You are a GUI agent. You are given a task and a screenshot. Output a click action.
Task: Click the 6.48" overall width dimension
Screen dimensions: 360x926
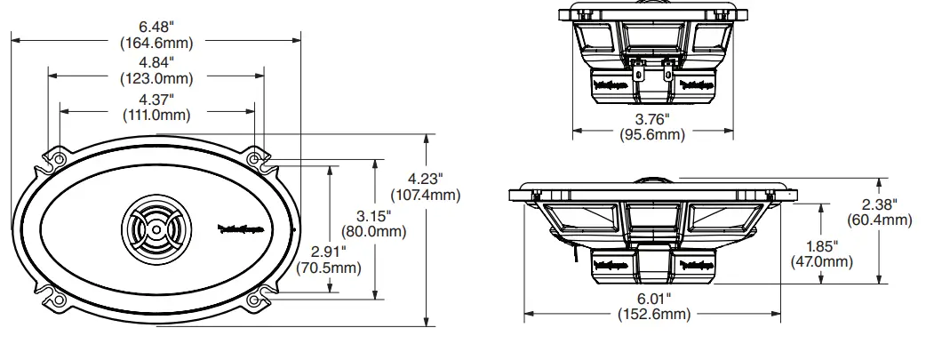[156, 26]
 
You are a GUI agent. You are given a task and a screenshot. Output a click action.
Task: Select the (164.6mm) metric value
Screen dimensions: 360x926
[156, 42]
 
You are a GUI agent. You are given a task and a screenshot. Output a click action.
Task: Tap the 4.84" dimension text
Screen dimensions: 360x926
[156, 61]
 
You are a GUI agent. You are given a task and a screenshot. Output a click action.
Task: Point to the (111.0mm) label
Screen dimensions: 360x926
[156, 114]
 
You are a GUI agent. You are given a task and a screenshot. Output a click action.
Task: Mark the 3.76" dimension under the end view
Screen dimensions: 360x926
[652, 118]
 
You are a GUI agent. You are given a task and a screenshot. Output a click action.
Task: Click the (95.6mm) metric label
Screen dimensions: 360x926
[652, 134]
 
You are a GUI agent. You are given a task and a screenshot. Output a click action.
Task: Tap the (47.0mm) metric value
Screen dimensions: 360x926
[821, 261]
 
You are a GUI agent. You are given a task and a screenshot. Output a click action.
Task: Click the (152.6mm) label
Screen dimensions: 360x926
[652, 315]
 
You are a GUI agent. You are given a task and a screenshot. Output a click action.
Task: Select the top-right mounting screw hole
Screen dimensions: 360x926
[256, 159]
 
